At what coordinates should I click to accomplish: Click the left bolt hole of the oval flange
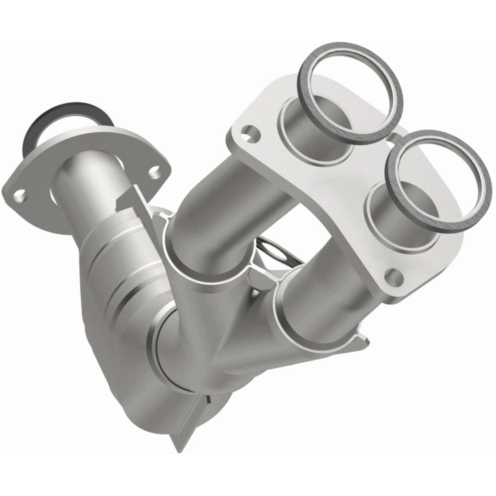coord(19,194)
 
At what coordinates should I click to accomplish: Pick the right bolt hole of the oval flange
coord(155,170)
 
